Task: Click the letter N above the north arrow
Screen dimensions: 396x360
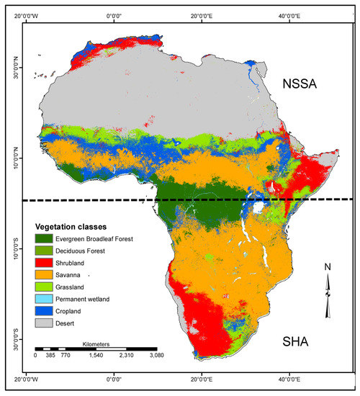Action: coord(328,267)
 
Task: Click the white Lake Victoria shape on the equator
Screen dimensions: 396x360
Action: coord(256,207)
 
